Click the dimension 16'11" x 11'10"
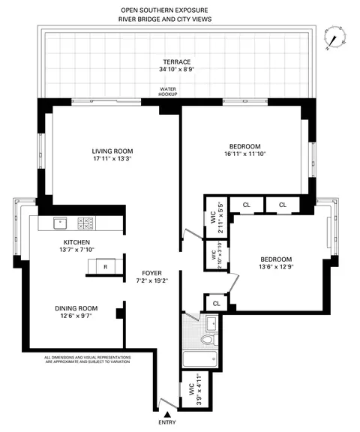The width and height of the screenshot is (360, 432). click(244, 154)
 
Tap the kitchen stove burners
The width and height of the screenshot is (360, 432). click(85, 223)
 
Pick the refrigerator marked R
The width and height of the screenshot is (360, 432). click(105, 266)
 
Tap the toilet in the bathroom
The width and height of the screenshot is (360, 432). click(208, 341)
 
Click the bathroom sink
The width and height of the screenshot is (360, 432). click(211, 322)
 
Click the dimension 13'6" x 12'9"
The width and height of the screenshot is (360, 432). click(277, 265)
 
